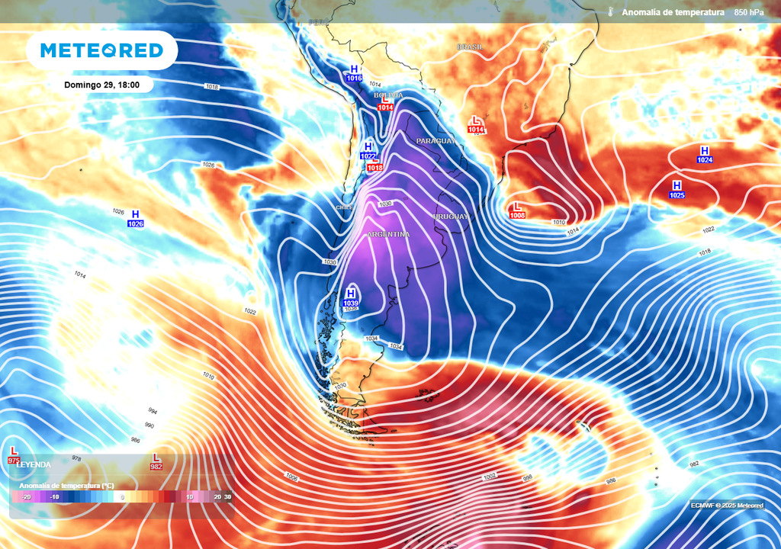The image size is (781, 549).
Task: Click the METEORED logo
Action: (x=101, y=50)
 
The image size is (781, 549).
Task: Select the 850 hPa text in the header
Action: (x=750, y=12)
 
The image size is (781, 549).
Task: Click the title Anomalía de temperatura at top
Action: (x=672, y=12)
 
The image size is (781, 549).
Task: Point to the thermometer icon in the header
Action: (x=610, y=12)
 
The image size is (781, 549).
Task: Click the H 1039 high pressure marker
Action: (x=351, y=297)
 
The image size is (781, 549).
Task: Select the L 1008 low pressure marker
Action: (x=517, y=210)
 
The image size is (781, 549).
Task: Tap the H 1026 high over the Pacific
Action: (x=136, y=219)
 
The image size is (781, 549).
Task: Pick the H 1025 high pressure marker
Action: (x=677, y=190)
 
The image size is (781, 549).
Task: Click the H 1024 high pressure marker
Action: (x=704, y=155)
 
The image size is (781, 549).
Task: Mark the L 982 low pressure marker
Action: (x=156, y=462)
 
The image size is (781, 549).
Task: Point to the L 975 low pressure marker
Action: (x=13, y=456)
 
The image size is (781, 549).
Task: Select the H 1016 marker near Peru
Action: (x=354, y=73)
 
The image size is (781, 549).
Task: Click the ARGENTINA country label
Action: (x=388, y=234)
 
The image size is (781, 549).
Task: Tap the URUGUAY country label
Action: (x=451, y=217)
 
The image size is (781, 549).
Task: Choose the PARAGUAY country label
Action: (x=435, y=141)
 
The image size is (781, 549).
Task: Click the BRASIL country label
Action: (x=470, y=47)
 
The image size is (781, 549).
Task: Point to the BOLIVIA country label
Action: (x=389, y=95)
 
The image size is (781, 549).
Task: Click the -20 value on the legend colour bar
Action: (x=27, y=496)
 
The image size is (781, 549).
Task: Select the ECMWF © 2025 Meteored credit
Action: (x=727, y=506)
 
